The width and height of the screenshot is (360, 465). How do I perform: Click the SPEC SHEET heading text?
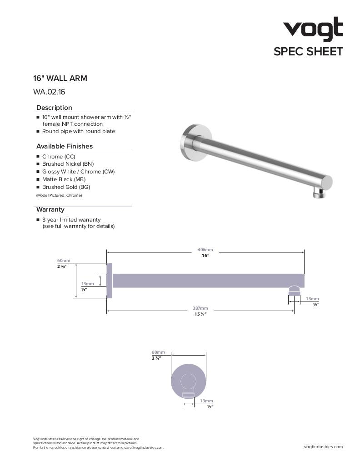pyautogui.click(x=308, y=52)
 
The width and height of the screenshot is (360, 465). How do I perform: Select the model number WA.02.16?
pyautogui.click(x=49, y=92)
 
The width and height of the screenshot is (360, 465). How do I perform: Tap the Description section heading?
pyautogui.click(x=54, y=108)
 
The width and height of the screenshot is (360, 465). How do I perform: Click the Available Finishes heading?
pyautogui.click(x=64, y=146)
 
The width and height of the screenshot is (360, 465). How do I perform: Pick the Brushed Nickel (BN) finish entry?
pyautogui.click(x=68, y=164)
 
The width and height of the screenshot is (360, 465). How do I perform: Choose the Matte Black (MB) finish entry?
pyautogui.click(x=64, y=179)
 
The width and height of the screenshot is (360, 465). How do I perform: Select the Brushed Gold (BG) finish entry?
pyautogui.click(x=66, y=187)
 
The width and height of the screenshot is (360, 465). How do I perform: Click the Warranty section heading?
pyautogui.click(x=50, y=209)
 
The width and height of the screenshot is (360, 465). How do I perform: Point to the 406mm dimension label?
pyautogui.click(x=205, y=250)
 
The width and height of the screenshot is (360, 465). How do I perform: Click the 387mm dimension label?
pyautogui.click(x=200, y=308)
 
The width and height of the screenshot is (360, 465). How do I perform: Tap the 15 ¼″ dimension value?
pyautogui.click(x=200, y=314)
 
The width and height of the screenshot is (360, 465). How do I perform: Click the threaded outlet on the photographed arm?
pyautogui.click(x=318, y=194)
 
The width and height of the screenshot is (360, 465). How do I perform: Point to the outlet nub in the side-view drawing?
pyautogui.click(x=294, y=290)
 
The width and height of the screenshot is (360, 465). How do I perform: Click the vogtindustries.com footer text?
pyautogui.click(x=323, y=447)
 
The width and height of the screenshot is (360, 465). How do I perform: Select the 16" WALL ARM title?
pyautogui.click(x=60, y=78)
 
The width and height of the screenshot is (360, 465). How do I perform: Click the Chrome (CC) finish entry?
pyautogui.click(x=59, y=157)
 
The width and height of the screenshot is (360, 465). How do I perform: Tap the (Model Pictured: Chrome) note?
pyautogui.click(x=59, y=195)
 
